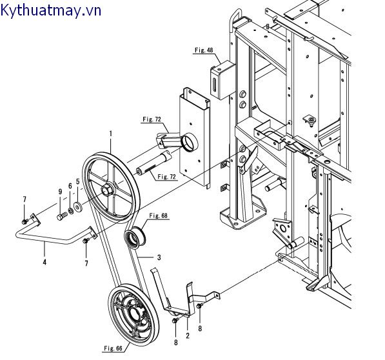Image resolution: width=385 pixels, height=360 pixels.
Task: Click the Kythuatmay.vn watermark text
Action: [50, 11]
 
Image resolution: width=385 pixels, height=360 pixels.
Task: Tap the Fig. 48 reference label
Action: [204, 50]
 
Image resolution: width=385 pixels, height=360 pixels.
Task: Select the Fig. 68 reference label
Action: [159, 215]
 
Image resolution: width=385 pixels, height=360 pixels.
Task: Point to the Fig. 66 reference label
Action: [113, 348]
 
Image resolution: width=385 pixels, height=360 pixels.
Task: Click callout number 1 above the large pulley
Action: [111, 134]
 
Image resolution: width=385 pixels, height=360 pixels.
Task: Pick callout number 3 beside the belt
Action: [159, 257]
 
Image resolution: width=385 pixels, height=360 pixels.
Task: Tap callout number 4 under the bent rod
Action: [44, 262]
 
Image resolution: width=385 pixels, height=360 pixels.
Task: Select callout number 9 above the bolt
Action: [60, 192]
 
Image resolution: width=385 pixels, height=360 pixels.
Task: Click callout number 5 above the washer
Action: [78, 182]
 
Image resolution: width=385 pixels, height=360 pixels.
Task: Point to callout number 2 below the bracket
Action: [188, 335]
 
